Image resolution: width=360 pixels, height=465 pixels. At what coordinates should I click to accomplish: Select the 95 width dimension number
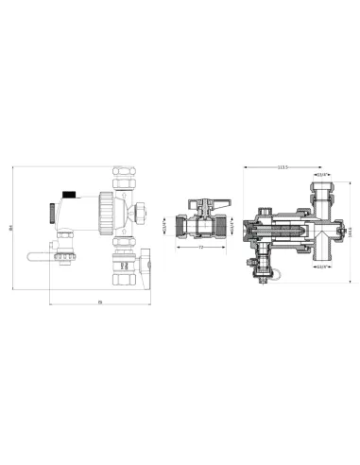coord(98,302)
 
